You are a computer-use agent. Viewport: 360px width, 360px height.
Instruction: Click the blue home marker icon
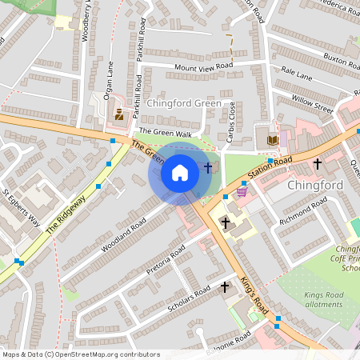point(180,172)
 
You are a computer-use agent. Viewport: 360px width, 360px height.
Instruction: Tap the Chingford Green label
point(183,102)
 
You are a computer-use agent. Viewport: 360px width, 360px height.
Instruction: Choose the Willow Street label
point(312,104)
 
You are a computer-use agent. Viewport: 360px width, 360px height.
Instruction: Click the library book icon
point(272,140)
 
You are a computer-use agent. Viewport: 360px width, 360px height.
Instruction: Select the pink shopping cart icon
point(242,191)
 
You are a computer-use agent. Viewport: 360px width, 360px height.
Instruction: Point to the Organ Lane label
point(110,74)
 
